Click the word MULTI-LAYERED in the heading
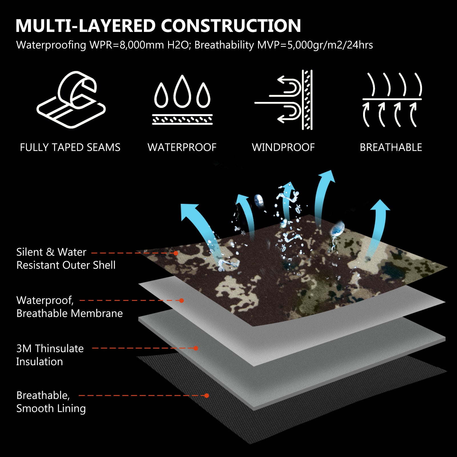tap(86, 26)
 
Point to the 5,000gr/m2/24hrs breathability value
tap(330, 45)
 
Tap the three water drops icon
tap(182, 100)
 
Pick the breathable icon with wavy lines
tap(392, 100)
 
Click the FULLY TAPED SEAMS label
tap(70, 147)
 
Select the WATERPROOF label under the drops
tap(182, 147)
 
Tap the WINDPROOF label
tap(283, 147)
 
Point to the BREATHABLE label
tap(391, 147)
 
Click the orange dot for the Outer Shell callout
tap(176, 253)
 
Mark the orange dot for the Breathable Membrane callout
tap(182, 301)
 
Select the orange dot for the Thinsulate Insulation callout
tap(196, 348)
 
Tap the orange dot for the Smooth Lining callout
tap(207, 396)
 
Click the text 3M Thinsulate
tap(50, 349)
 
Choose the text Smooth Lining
tap(51, 408)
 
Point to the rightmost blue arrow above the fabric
tap(378, 226)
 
